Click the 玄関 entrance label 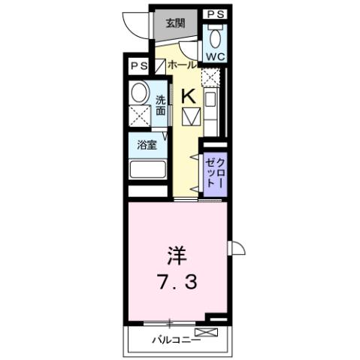tap(175, 23)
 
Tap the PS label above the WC tap(216, 14)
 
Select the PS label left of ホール tap(138, 65)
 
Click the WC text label tap(216, 56)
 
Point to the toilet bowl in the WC tap(216, 38)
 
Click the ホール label tap(183, 66)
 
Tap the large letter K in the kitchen tap(189, 95)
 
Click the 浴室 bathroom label tap(147, 144)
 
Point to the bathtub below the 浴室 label tap(147, 168)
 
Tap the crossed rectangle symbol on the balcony tap(204, 331)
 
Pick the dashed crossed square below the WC tap(213, 77)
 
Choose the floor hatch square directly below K tap(190, 116)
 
